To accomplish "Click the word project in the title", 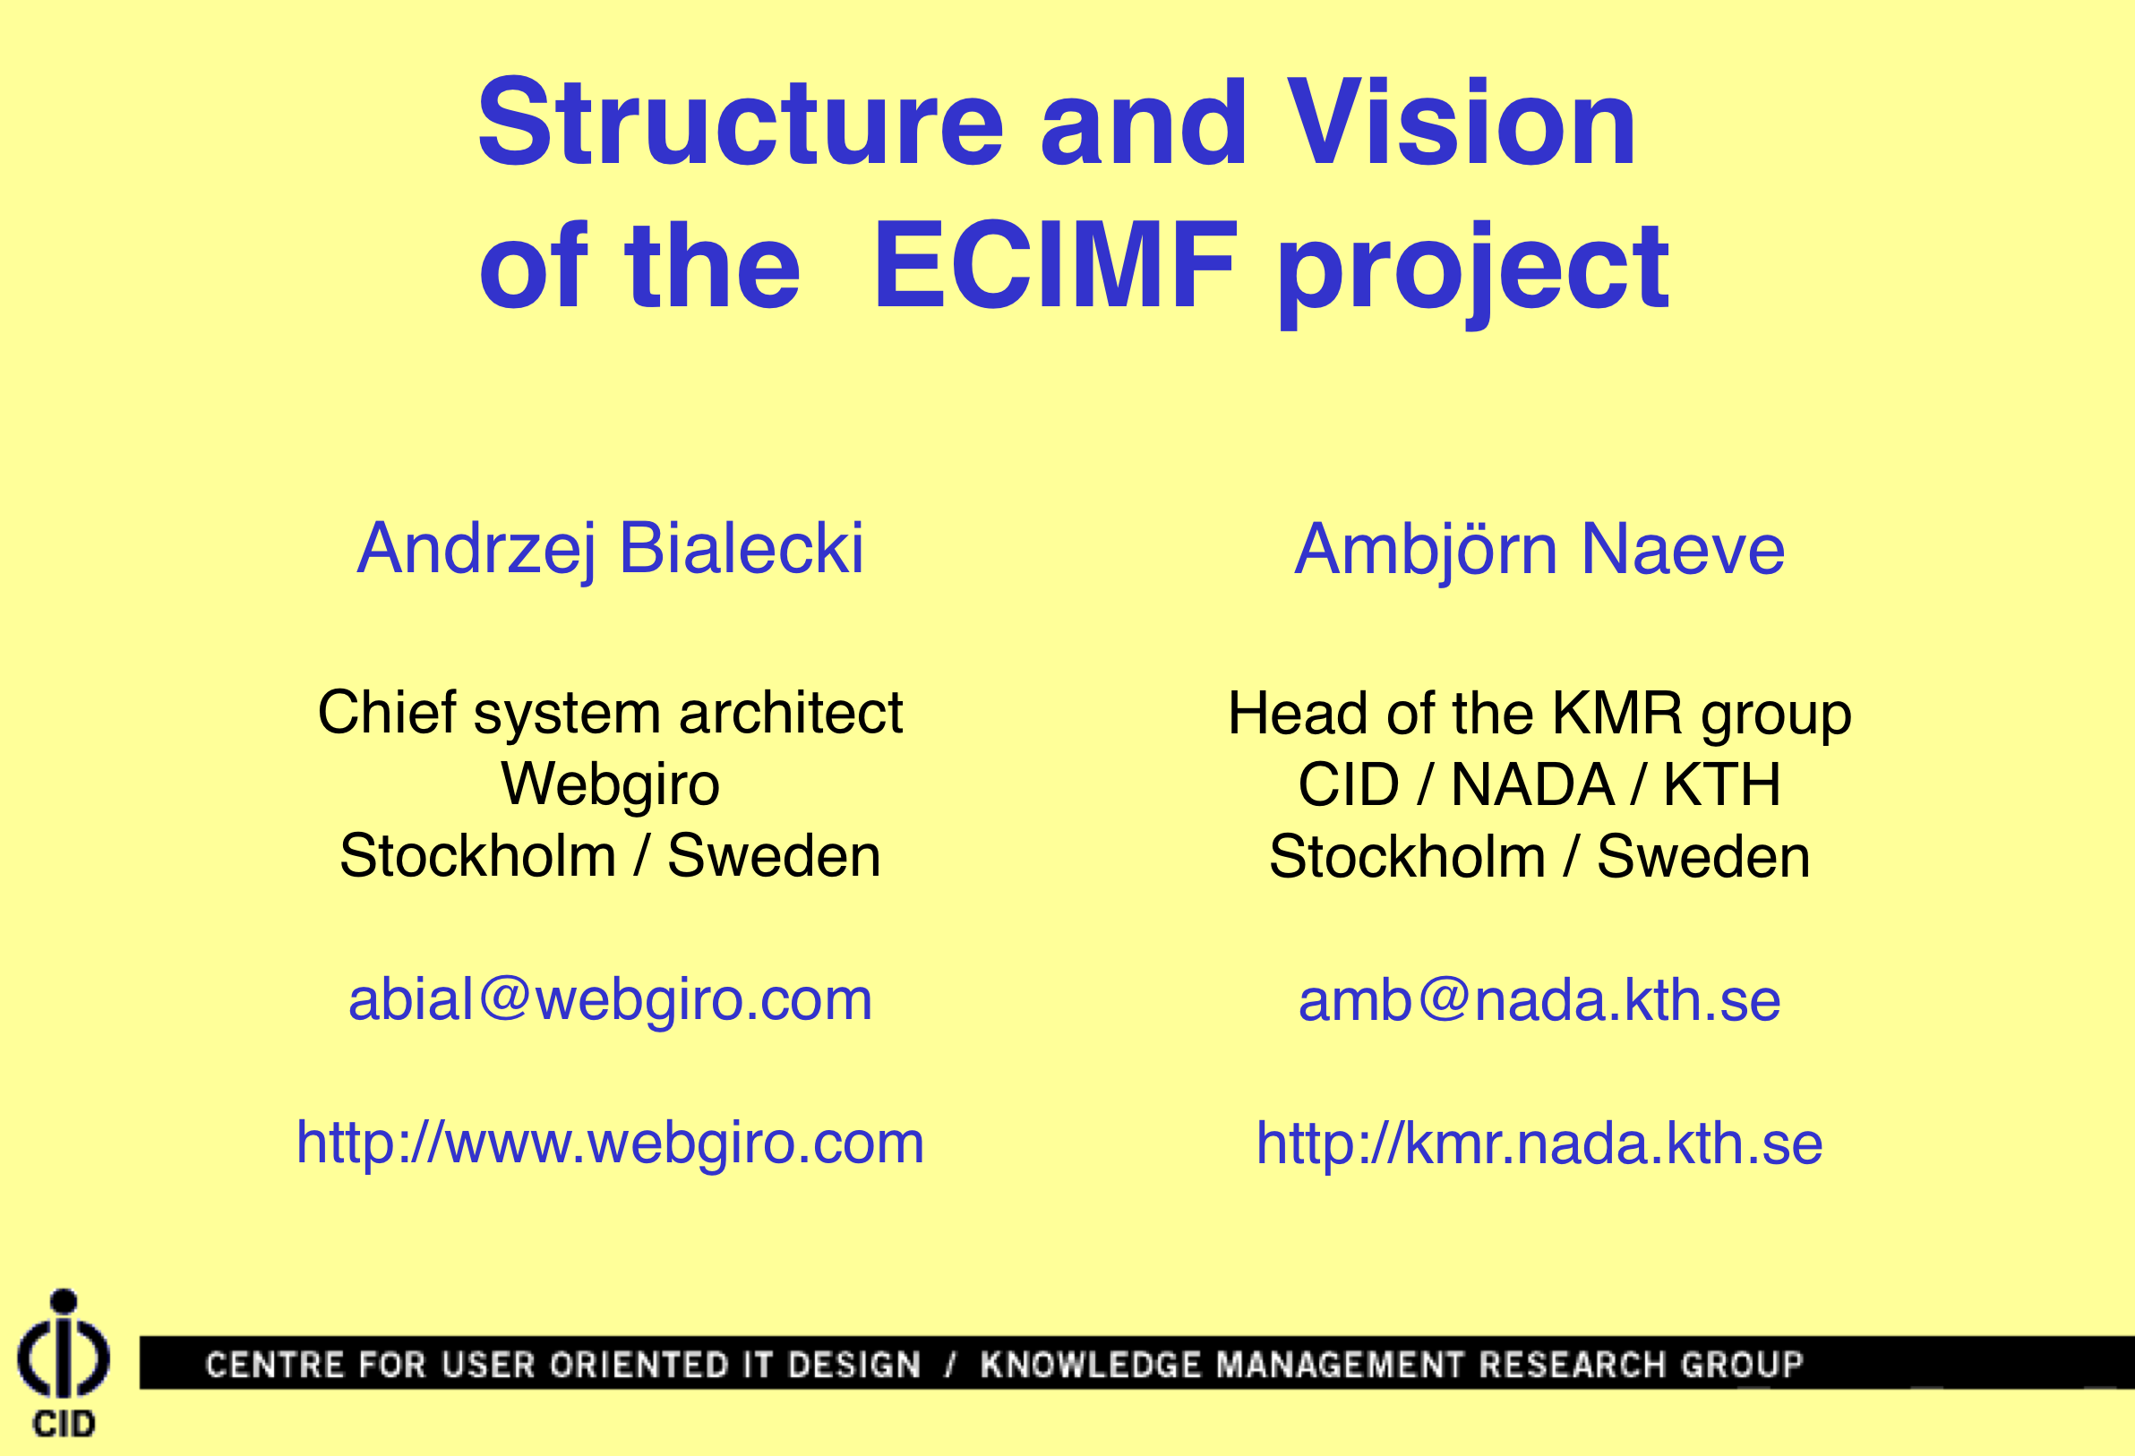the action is [x=1472, y=274].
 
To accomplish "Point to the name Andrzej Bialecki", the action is [x=611, y=549].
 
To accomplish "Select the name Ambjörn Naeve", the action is [x=1539, y=549].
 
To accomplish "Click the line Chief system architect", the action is [x=610, y=714].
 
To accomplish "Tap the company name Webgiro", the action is [x=610, y=786].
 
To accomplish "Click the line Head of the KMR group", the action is [x=1539, y=715].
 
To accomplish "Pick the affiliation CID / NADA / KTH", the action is [x=1539, y=785].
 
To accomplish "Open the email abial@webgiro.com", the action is [x=610, y=1000].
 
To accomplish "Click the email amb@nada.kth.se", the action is [x=1539, y=999].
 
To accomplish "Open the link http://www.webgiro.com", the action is [x=610, y=1144].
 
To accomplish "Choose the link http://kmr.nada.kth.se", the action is [x=1539, y=1144].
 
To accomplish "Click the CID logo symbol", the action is [x=64, y=1344].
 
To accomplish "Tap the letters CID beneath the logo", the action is [x=64, y=1424].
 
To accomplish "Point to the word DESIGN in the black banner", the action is [x=854, y=1365].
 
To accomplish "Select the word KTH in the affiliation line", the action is [x=1722, y=785].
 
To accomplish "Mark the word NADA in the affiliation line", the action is [x=1532, y=785].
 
